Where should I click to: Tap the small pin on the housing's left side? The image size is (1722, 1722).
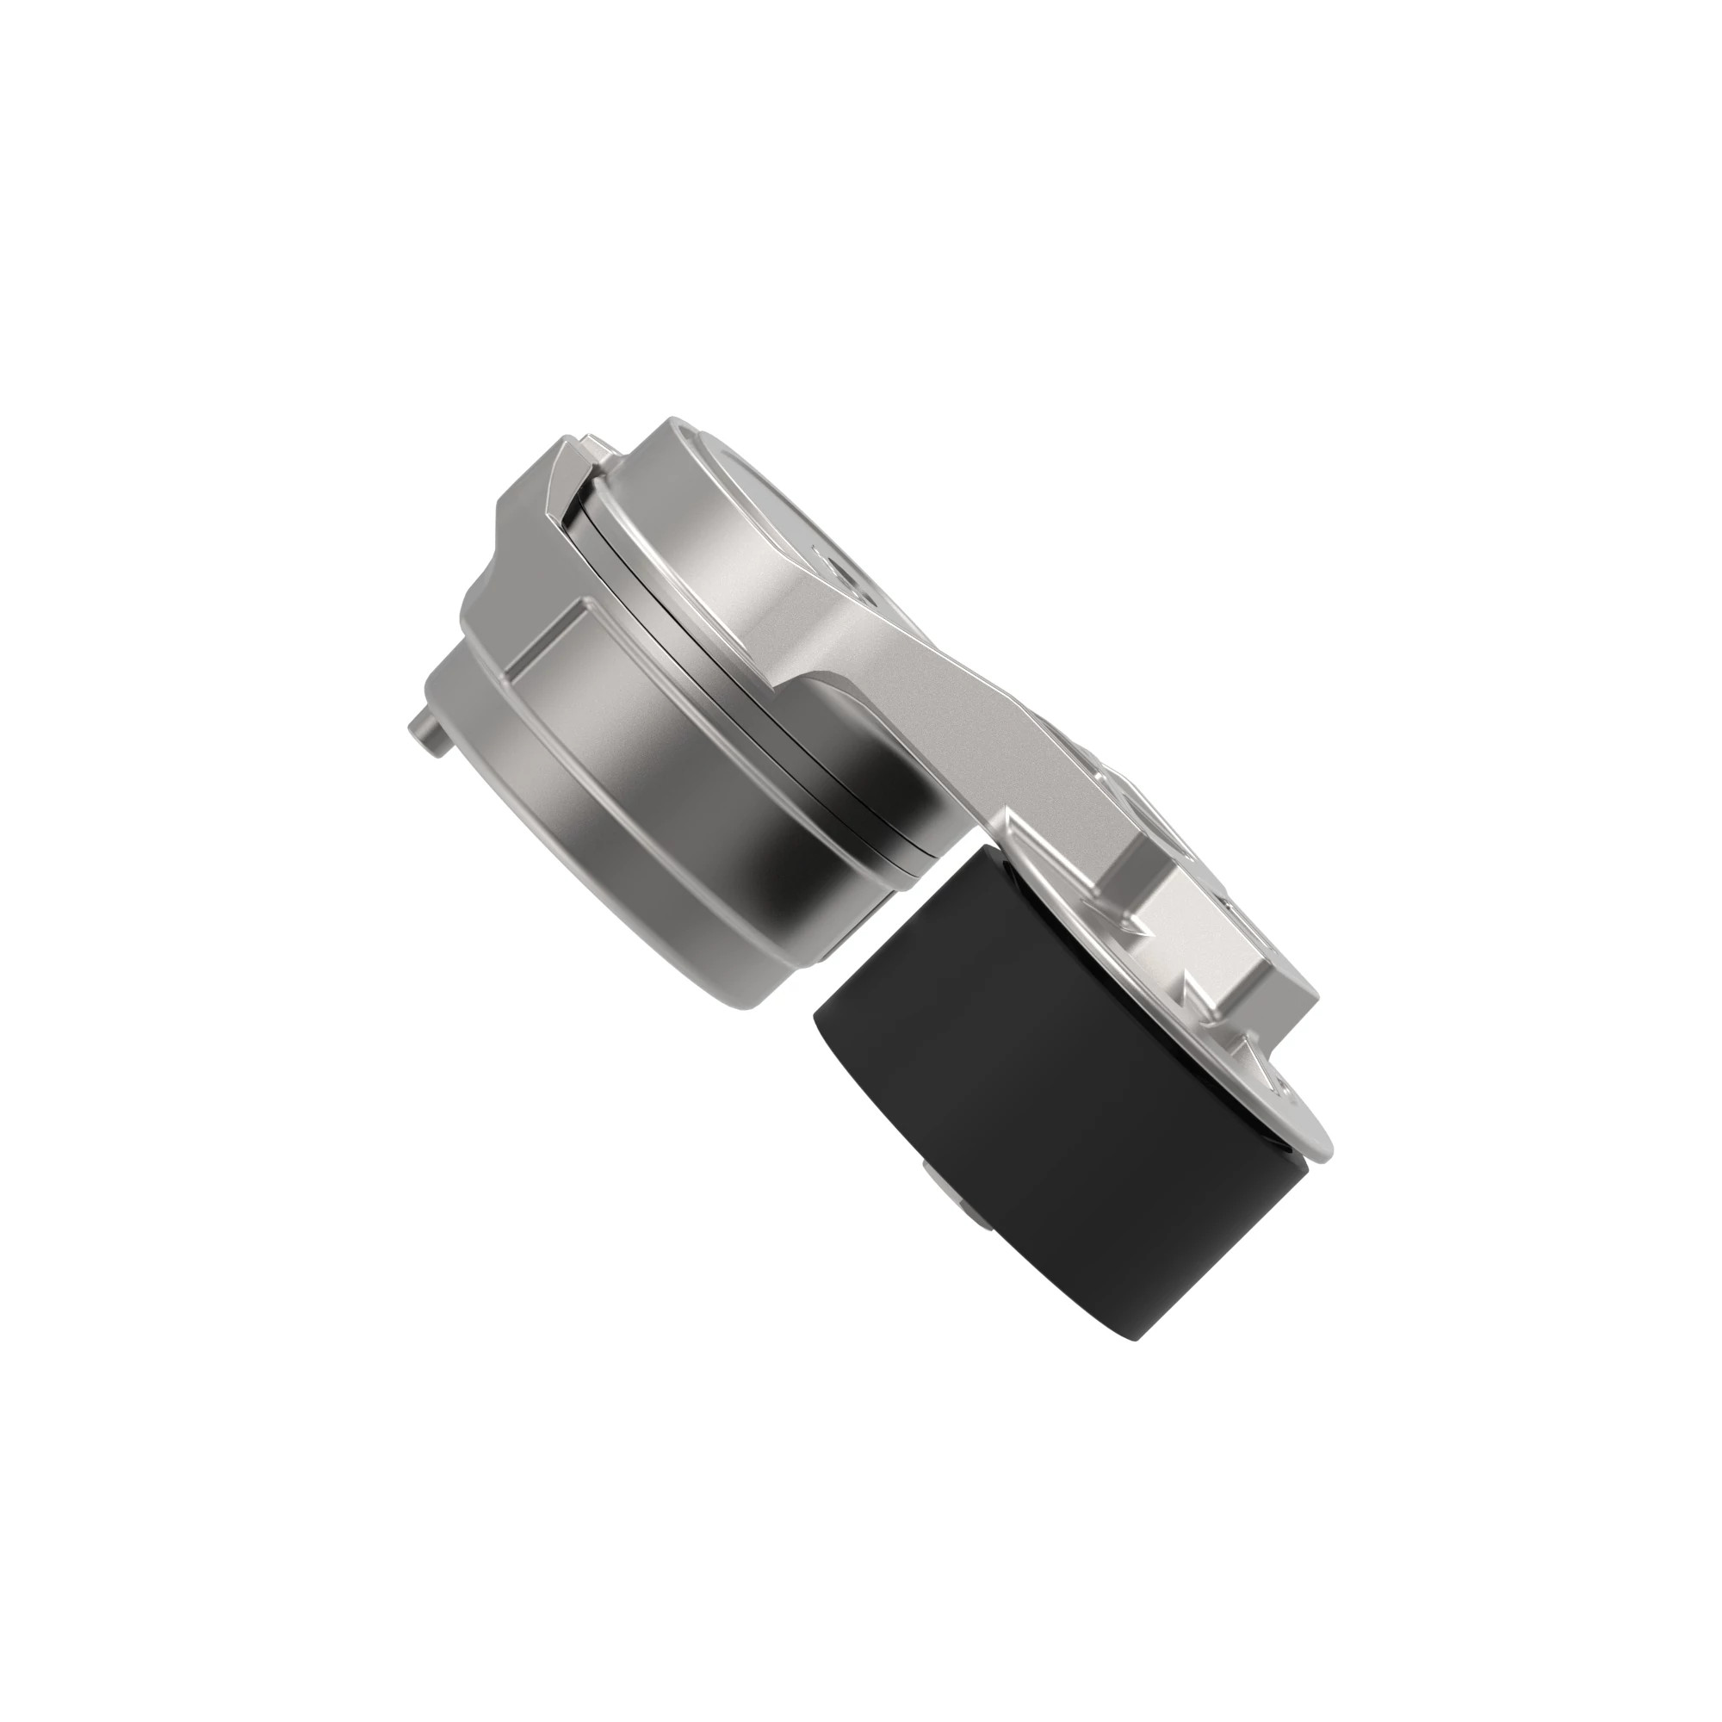pos(425,734)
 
